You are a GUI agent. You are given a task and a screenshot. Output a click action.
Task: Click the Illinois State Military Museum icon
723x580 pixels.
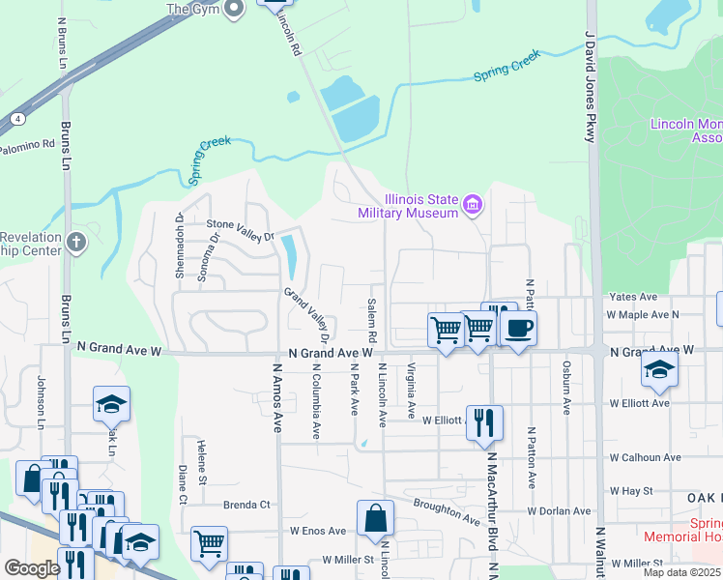473,204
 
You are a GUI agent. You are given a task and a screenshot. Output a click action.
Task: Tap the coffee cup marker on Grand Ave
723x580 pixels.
518,329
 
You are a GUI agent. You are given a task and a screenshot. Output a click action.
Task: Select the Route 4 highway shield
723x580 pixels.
18,118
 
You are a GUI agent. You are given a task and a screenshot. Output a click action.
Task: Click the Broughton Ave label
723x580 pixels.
447,511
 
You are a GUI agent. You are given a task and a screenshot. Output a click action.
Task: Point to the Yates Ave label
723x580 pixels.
633,297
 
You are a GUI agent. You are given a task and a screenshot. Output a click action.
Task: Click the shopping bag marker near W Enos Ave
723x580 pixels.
375,519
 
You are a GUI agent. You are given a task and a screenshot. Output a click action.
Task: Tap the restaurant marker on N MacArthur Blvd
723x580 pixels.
484,421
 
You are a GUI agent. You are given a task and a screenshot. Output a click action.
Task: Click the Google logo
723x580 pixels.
32,568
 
